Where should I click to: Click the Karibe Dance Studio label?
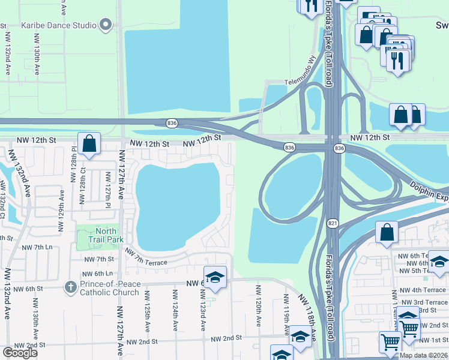click(x=58, y=25)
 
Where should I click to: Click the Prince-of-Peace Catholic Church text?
click(x=109, y=288)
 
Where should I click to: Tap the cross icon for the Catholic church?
click(x=70, y=287)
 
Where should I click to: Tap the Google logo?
click(x=20, y=353)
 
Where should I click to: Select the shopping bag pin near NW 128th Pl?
click(x=89, y=145)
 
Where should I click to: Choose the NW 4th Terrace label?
click(x=423, y=290)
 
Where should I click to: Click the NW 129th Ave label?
click(x=61, y=211)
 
